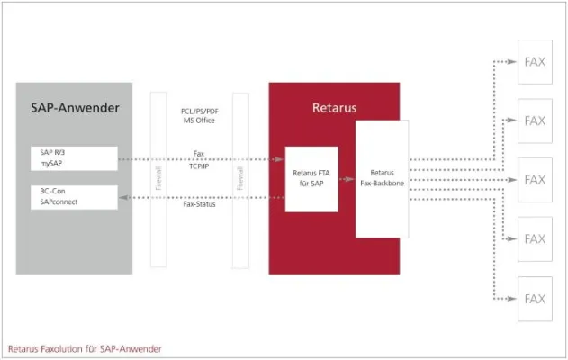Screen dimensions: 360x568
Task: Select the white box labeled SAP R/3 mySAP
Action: [x=73, y=158]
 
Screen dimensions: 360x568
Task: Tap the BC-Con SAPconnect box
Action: [x=73, y=197]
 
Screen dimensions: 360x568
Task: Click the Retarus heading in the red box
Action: [x=334, y=108]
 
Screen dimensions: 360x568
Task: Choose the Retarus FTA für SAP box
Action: [x=311, y=179]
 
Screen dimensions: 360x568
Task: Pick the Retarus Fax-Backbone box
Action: [x=382, y=179]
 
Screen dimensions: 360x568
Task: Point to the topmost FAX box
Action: [x=535, y=61]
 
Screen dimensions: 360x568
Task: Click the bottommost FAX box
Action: [x=535, y=299]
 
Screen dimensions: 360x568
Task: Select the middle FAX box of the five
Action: [x=535, y=180]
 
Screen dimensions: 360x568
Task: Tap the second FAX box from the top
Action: [x=535, y=121]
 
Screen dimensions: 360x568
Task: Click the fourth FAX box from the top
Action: [x=535, y=239]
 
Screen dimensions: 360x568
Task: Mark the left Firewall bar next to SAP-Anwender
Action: [x=158, y=179]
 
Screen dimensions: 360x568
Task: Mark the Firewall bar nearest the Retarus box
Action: [x=240, y=179]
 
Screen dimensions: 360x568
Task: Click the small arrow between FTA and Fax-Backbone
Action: [x=347, y=179]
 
